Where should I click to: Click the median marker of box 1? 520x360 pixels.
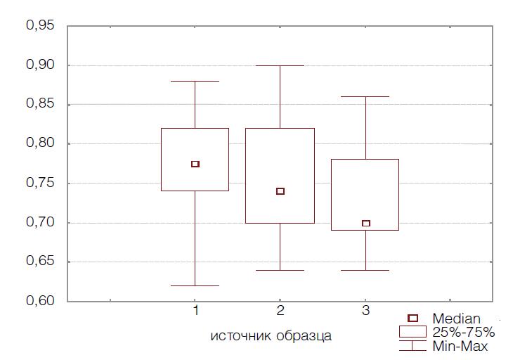tap(195, 164)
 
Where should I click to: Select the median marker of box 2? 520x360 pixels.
tap(280, 191)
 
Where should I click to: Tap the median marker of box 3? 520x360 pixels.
tap(365, 224)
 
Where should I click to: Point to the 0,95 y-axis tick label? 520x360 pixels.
tap(40, 26)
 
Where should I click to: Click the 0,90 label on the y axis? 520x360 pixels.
tap(40, 65)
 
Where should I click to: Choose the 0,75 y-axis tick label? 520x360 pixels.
tap(40, 184)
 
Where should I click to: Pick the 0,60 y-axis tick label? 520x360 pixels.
tap(40, 302)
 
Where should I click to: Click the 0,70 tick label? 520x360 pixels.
tap(40, 223)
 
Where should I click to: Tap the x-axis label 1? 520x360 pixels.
tap(195, 310)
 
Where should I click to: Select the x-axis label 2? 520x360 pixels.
tap(280, 310)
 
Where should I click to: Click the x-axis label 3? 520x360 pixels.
tap(365, 310)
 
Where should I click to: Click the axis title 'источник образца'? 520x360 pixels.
tap(271, 335)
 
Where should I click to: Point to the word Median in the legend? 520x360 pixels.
tap(457, 319)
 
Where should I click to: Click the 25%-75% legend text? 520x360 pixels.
tap(464, 332)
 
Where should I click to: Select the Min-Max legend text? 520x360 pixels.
tap(460, 346)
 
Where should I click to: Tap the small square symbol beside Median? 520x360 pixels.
tap(413, 319)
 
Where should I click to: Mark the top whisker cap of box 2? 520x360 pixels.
tap(280, 65)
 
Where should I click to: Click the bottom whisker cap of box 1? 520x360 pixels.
tap(195, 286)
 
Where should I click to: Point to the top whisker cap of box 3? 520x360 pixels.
tap(365, 96)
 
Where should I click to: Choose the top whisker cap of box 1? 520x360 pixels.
tap(195, 81)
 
